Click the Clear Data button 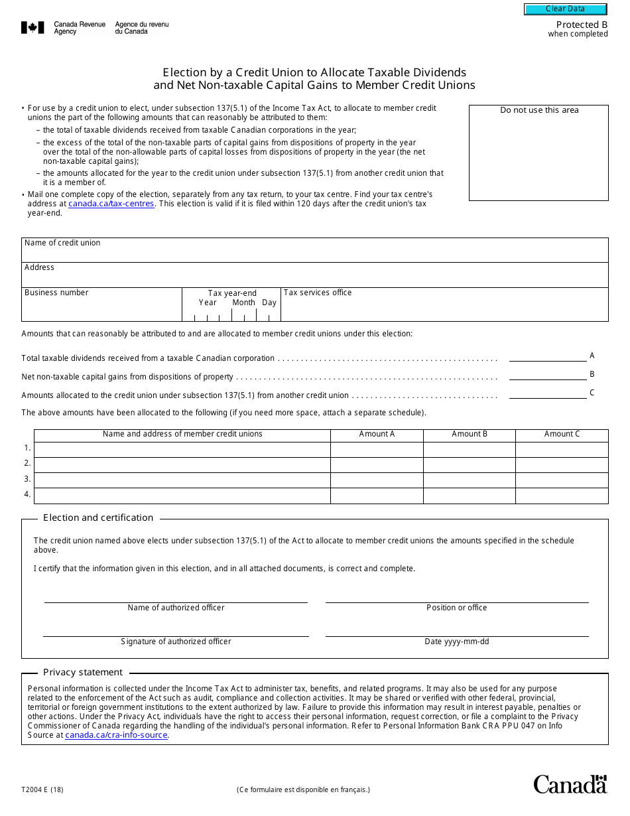pyautogui.click(x=565, y=9)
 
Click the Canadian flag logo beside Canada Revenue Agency pyautogui.click(x=32, y=28)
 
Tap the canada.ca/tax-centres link pyautogui.click(x=111, y=204)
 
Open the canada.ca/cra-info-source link pyautogui.click(x=116, y=735)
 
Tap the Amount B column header pyautogui.click(x=470, y=435)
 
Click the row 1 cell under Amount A pyautogui.click(x=377, y=450)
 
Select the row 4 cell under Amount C pyautogui.click(x=562, y=496)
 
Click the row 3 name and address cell pyautogui.click(x=182, y=480)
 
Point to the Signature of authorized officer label pyautogui.click(x=176, y=642)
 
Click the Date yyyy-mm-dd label pyautogui.click(x=457, y=642)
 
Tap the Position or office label pyautogui.click(x=457, y=608)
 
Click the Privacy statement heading pyautogui.click(x=83, y=673)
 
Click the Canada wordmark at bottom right pyautogui.click(x=570, y=784)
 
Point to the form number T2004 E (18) pyautogui.click(x=42, y=789)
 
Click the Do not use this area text pyautogui.click(x=538, y=110)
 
